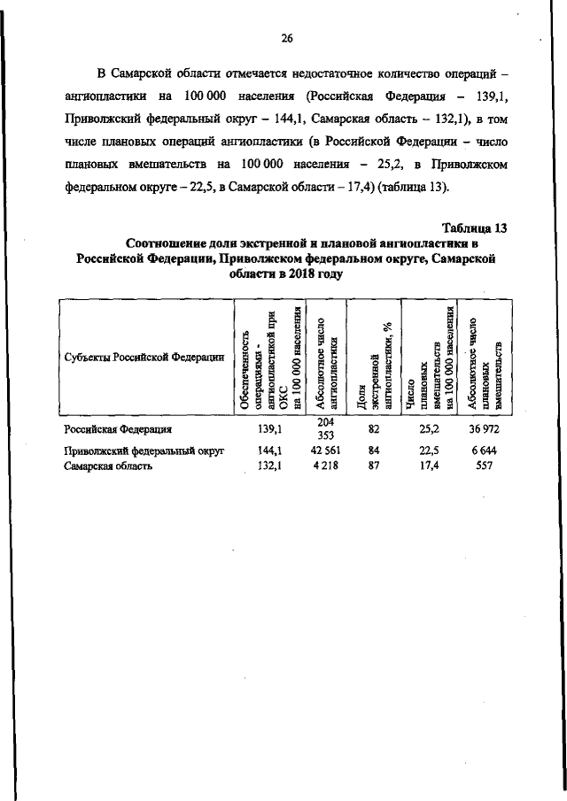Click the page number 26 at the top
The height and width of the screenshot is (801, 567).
(286, 37)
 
